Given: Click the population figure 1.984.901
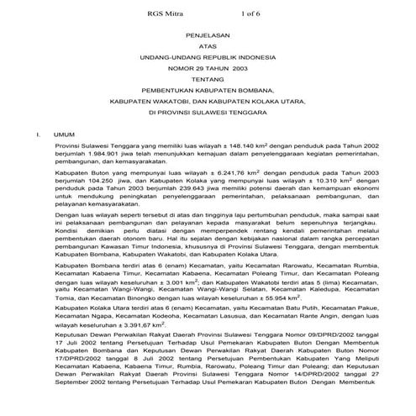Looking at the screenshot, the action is point(98,155).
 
